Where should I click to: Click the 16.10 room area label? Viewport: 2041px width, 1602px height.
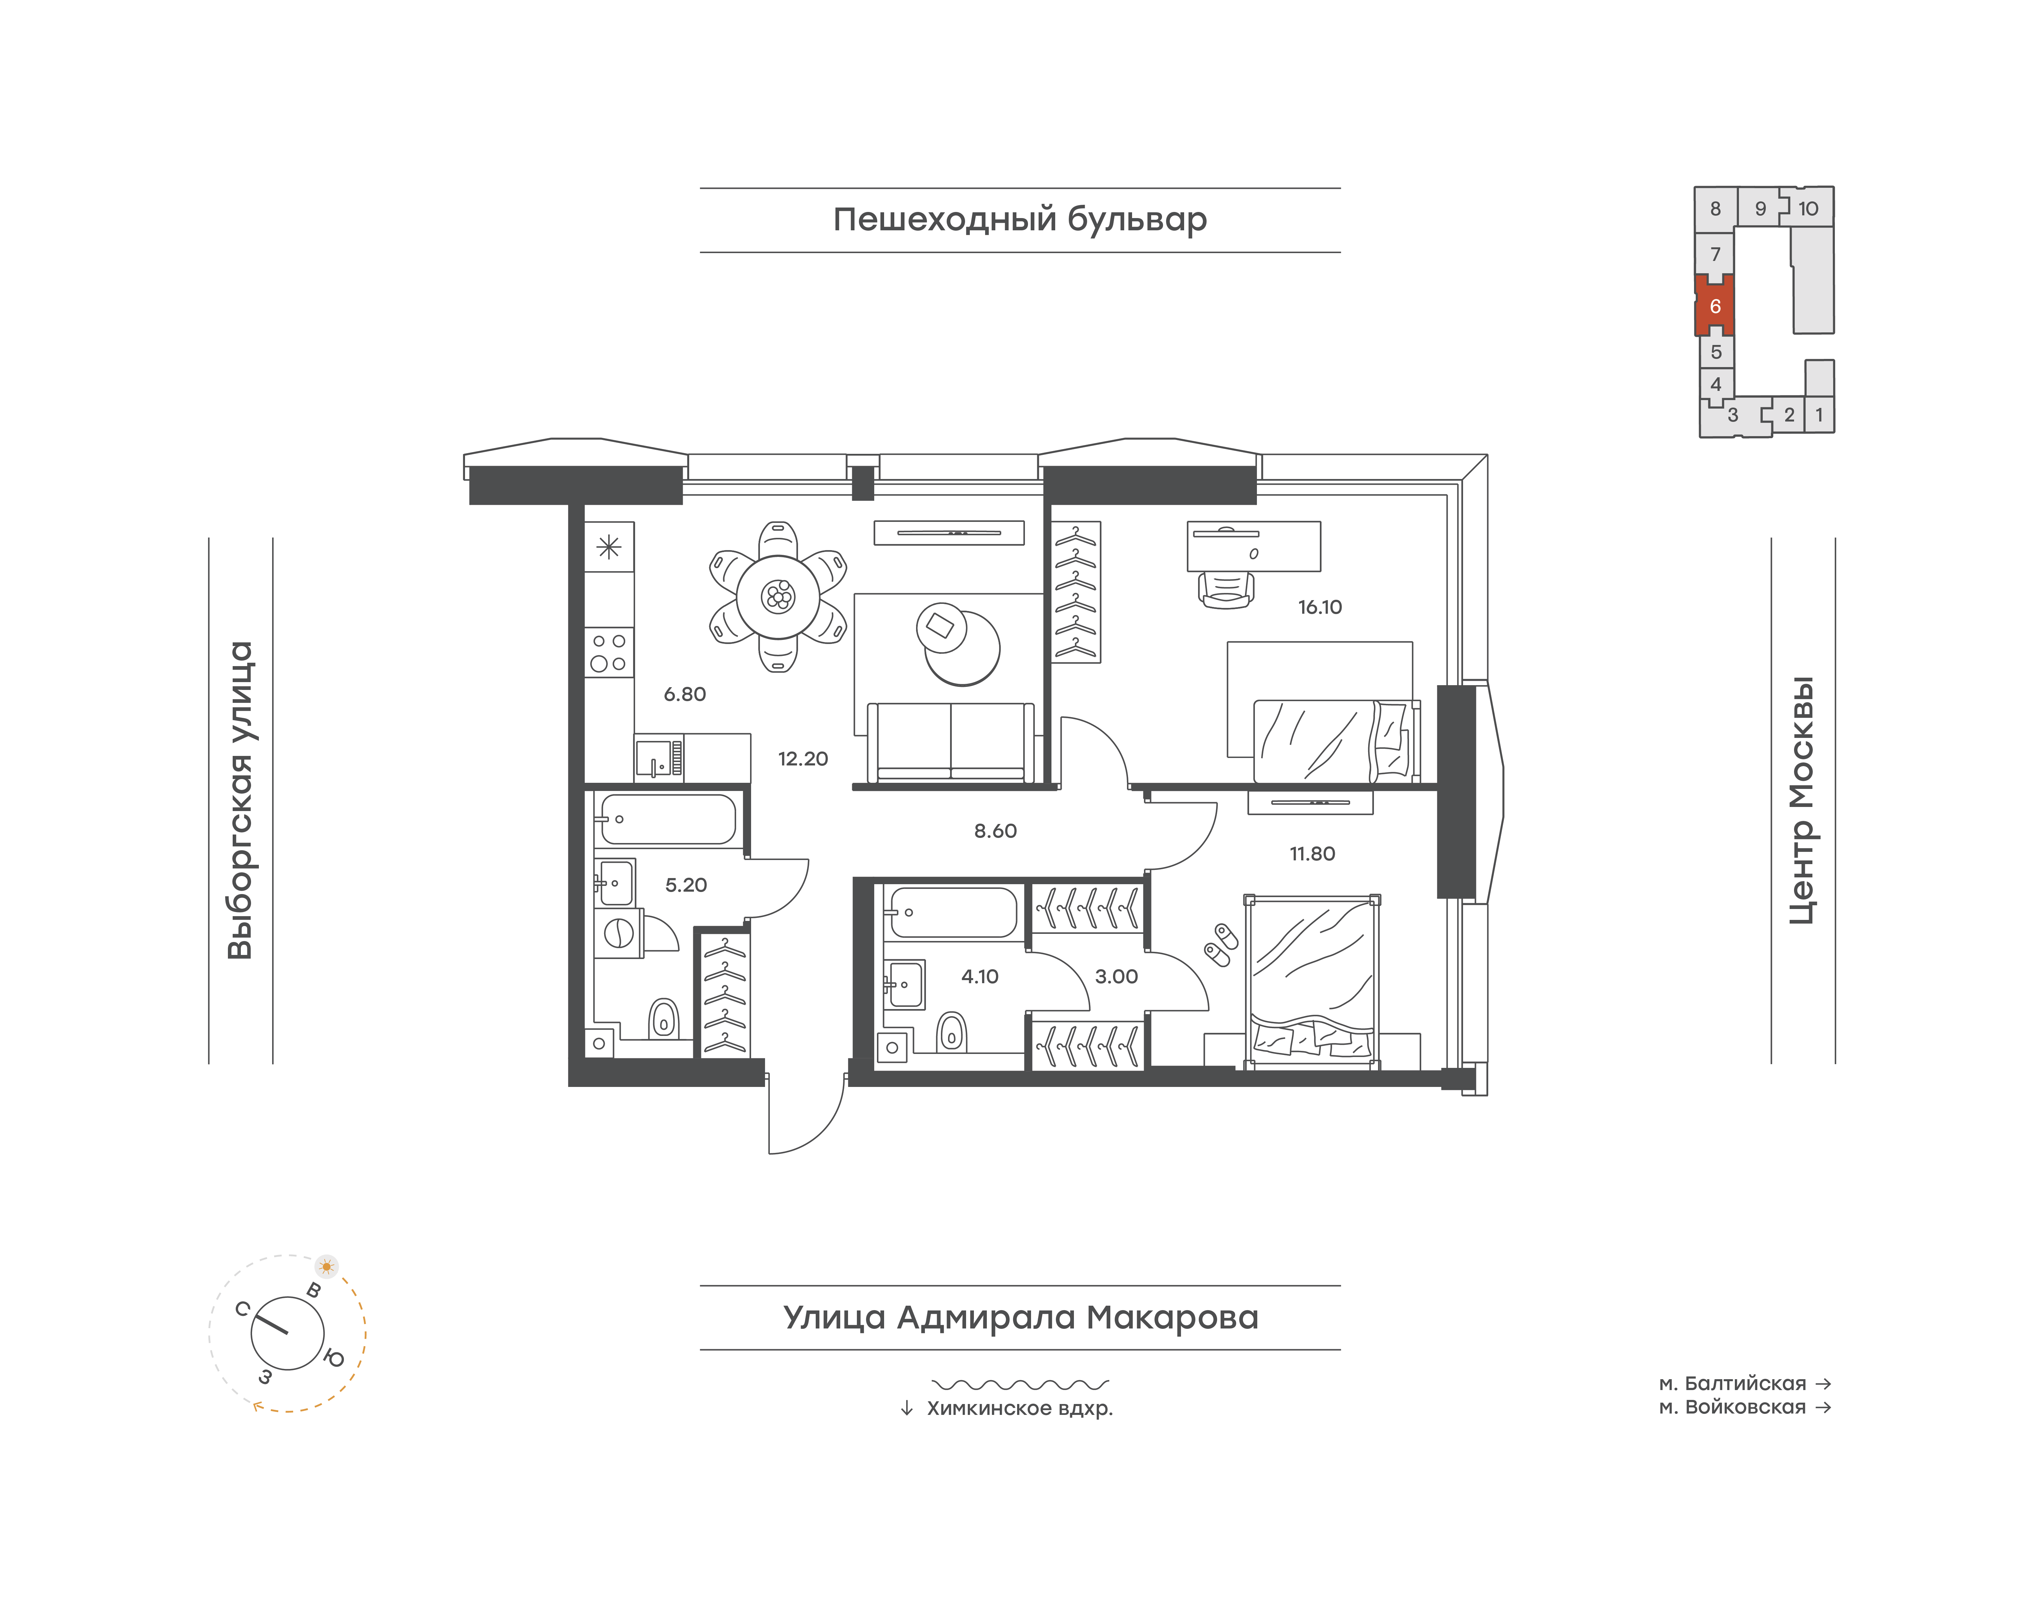(x=1320, y=607)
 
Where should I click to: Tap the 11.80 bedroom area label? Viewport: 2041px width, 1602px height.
(x=1312, y=854)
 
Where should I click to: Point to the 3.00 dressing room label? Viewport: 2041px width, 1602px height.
(x=1116, y=976)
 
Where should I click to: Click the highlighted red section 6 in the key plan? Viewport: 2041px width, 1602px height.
(x=1714, y=306)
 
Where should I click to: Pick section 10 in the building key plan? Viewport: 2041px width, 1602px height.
(x=1808, y=208)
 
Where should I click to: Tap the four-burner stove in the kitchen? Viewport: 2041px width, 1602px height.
(x=609, y=652)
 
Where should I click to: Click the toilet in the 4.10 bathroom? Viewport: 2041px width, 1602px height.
(x=952, y=1033)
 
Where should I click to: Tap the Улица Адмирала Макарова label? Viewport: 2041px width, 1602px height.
(x=1020, y=1317)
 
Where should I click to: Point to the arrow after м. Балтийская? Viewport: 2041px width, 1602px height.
(x=1823, y=1384)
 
